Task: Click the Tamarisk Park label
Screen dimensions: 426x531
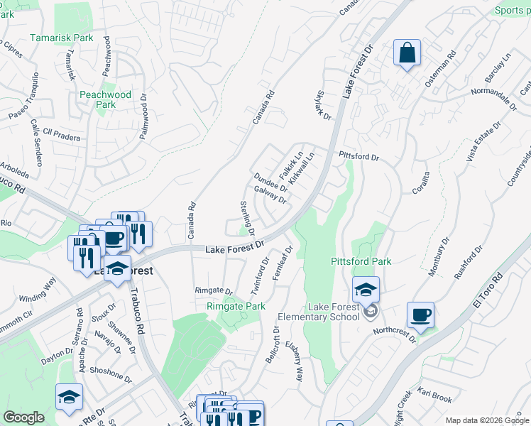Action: pos(62,38)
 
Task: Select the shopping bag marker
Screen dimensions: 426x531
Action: pos(407,54)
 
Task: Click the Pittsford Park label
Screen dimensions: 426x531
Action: pos(361,261)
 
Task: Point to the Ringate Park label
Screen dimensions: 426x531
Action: pos(236,306)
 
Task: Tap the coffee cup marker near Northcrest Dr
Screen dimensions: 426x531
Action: pos(421,315)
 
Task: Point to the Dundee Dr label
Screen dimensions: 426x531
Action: pos(270,182)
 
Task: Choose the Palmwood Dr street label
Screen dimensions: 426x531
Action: pos(144,116)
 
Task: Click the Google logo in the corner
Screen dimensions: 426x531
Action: pos(23,417)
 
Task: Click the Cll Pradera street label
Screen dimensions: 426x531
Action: pos(62,133)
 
